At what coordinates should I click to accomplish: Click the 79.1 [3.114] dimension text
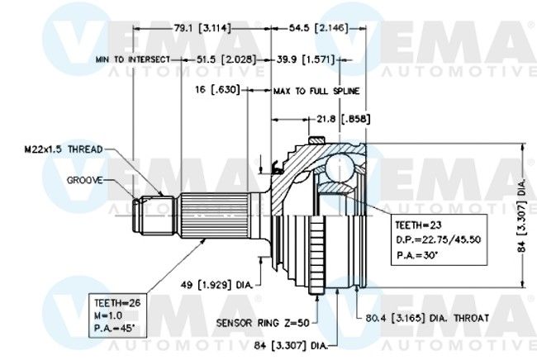(x=202, y=28)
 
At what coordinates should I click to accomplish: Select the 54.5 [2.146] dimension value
(x=319, y=28)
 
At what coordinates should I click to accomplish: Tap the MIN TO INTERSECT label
(x=133, y=59)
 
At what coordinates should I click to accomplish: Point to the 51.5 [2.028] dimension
(x=226, y=59)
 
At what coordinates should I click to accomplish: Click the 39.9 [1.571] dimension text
(x=306, y=59)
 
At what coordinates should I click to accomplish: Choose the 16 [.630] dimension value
(x=217, y=90)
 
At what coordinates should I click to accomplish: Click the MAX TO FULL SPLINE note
(x=316, y=91)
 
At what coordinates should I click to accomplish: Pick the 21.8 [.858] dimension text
(x=343, y=119)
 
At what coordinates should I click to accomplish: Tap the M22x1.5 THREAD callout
(x=64, y=149)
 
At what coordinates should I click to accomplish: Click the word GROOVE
(x=84, y=180)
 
